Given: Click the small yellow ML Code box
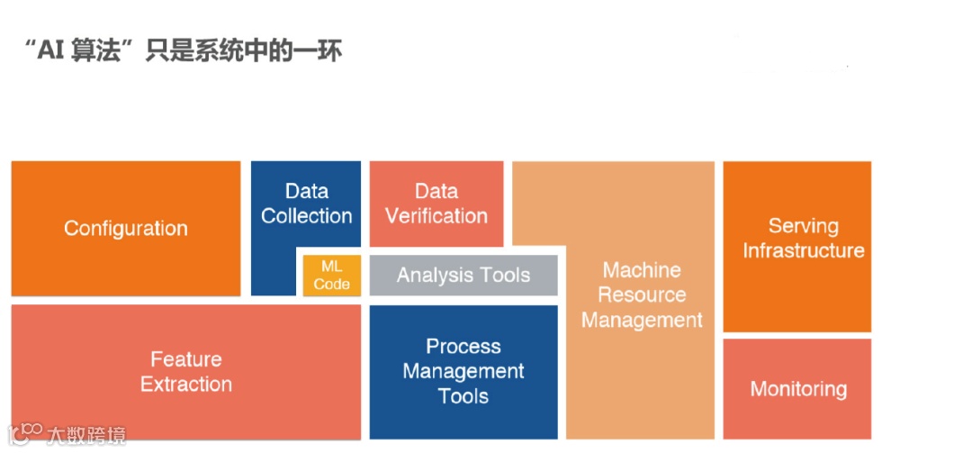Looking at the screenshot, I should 331,274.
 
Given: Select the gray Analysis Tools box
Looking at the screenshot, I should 463,276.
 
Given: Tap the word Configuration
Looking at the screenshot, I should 126,228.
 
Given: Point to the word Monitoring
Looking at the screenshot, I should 798,389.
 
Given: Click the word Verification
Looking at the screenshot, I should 436,216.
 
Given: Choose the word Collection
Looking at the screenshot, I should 306,216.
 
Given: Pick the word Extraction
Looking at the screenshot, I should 186,384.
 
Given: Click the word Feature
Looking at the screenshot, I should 186,359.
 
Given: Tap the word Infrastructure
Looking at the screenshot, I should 804,250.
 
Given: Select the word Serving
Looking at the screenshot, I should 804,226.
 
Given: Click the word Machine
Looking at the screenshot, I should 642,270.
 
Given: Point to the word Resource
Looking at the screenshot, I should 642,294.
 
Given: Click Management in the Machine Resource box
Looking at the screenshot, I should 642,320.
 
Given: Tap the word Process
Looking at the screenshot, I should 463,347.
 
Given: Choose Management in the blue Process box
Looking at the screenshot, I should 463,371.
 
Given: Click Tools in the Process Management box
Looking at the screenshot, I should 463,396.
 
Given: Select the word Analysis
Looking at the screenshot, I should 428,276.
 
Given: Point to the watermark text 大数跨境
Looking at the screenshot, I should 87,434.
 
